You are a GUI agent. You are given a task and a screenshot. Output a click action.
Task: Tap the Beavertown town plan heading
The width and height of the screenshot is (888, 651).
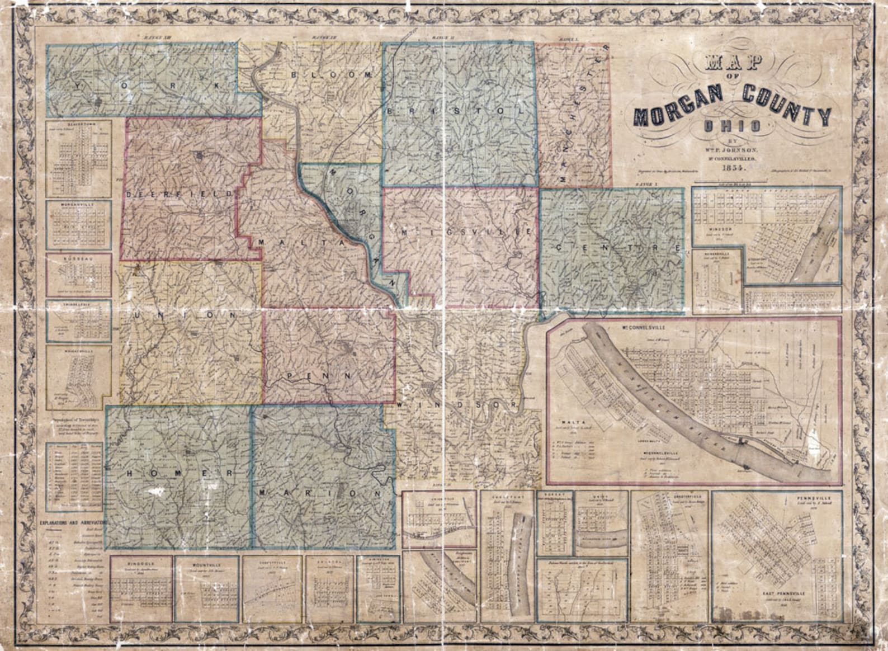[x=79, y=124]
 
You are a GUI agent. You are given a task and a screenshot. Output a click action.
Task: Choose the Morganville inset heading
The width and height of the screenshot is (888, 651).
[x=79, y=205]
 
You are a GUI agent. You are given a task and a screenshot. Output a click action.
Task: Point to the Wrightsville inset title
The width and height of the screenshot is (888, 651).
[x=79, y=351]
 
